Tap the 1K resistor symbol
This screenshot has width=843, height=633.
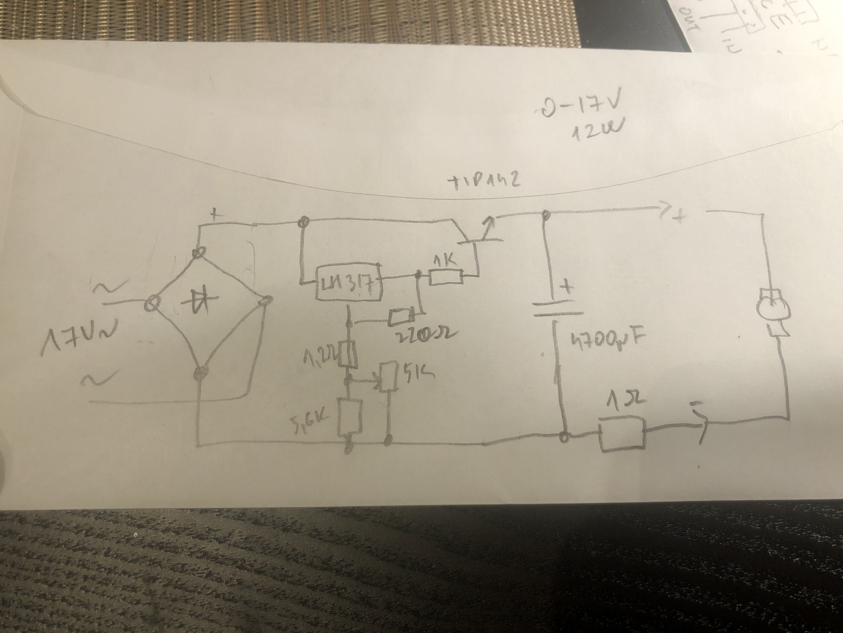click(x=446, y=277)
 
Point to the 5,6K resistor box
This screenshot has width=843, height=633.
click(x=349, y=418)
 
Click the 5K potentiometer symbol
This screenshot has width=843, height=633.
click(x=389, y=376)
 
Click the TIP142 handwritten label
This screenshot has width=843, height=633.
click(x=483, y=182)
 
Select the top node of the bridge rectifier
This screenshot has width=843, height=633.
click(x=200, y=252)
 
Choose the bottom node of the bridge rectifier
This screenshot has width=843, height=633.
click(x=200, y=373)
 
